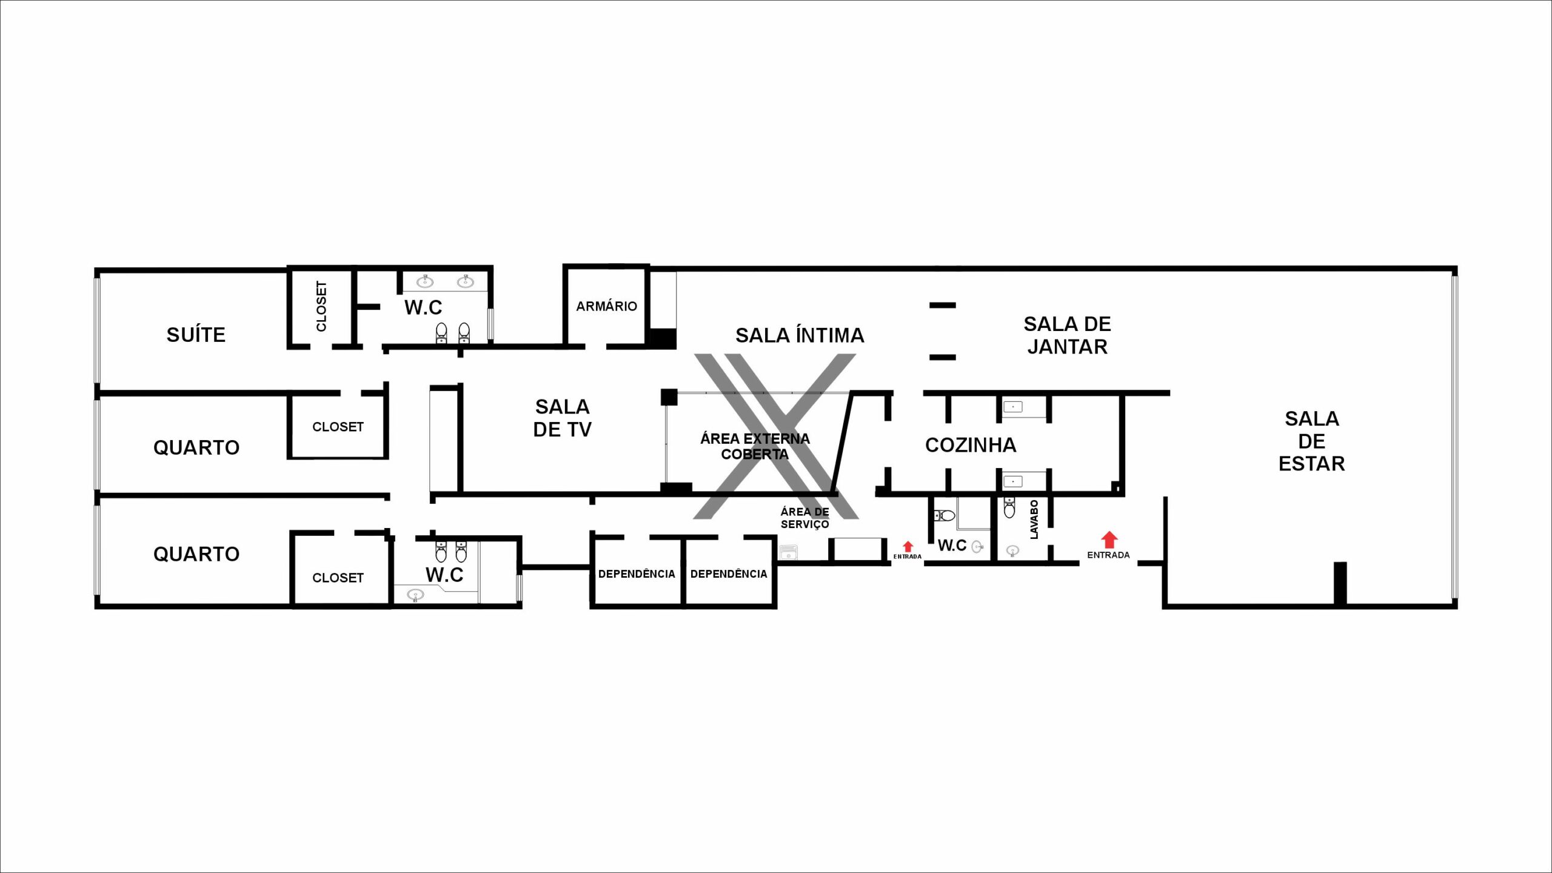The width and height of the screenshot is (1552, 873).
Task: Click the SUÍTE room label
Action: pyautogui.click(x=196, y=335)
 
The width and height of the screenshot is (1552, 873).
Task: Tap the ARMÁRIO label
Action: pyautogui.click(x=606, y=306)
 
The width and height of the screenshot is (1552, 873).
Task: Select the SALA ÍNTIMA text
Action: pyautogui.click(x=800, y=335)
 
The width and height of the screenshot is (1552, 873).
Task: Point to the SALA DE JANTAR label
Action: pyautogui.click(x=1067, y=335)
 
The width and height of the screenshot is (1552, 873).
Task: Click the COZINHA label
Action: pyautogui.click(x=971, y=445)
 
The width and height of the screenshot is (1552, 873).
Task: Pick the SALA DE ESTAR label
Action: pyautogui.click(x=1312, y=441)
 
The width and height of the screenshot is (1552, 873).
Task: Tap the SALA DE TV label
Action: pyautogui.click(x=562, y=418)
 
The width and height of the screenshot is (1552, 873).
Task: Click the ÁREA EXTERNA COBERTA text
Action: pyautogui.click(x=755, y=446)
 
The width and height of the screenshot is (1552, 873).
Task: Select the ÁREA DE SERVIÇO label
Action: pyautogui.click(x=804, y=518)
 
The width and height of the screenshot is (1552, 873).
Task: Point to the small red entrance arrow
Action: pyautogui.click(x=908, y=546)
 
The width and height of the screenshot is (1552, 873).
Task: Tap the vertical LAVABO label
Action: pyautogui.click(x=1034, y=520)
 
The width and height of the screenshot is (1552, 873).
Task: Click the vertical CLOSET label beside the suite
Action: pyautogui.click(x=321, y=306)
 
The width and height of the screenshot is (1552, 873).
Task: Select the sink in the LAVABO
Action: pyautogui.click(x=1012, y=551)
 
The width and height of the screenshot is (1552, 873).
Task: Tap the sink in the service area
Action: pyautogui.click(x=788, y=552)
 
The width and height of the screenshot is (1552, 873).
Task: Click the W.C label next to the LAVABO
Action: pyautogui.click(x=952, y=546)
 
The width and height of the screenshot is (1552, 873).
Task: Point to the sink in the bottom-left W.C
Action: pyautogui.click(x=415, y=594)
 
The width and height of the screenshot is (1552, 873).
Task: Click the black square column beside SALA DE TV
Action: pyautogui.click(x=669, y=397)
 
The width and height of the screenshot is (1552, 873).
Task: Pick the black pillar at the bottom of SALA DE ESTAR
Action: pyautogui.click(x=1340, y=583)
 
